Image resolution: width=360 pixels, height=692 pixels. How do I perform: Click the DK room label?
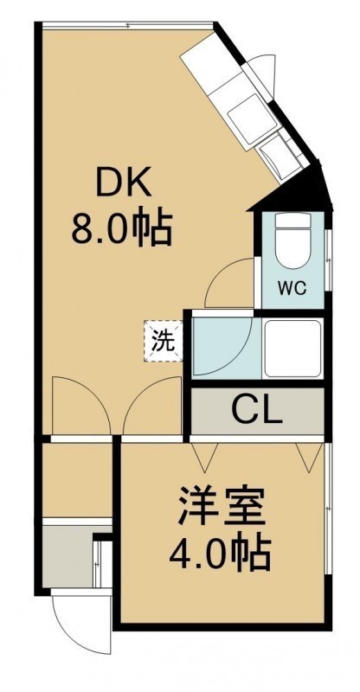coord(124,183)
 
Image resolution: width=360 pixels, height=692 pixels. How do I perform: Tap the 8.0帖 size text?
coord(121,229)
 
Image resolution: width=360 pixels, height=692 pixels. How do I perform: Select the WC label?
coord(292,289)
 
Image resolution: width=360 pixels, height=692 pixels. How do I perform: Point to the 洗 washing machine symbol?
coord(164,341)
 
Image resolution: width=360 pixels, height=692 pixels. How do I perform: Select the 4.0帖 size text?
coord(220,554)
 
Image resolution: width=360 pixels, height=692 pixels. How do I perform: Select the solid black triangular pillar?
coord(299,189)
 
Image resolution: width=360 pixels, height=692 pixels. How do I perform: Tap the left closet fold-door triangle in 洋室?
coord(205,456)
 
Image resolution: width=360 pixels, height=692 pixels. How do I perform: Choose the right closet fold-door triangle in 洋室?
coord(310,456)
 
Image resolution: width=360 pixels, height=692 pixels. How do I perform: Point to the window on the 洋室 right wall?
coord(327,509)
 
